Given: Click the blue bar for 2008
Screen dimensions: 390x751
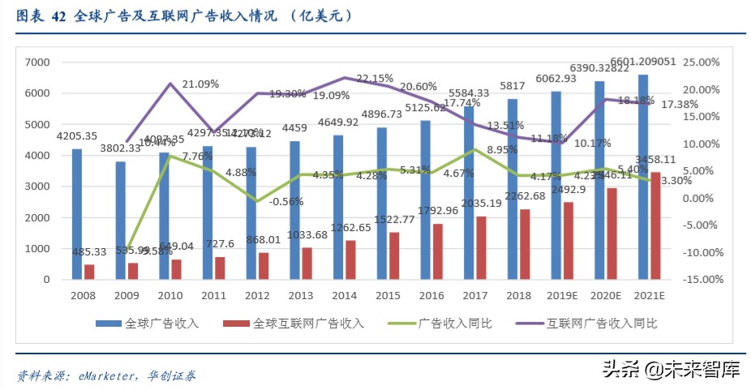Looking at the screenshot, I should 77,214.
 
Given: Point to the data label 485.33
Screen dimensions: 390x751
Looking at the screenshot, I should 89,253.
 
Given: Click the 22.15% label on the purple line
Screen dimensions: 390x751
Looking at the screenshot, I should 374,79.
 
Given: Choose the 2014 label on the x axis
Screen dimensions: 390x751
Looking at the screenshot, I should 344,297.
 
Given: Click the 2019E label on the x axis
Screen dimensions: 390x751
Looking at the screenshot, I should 561,297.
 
